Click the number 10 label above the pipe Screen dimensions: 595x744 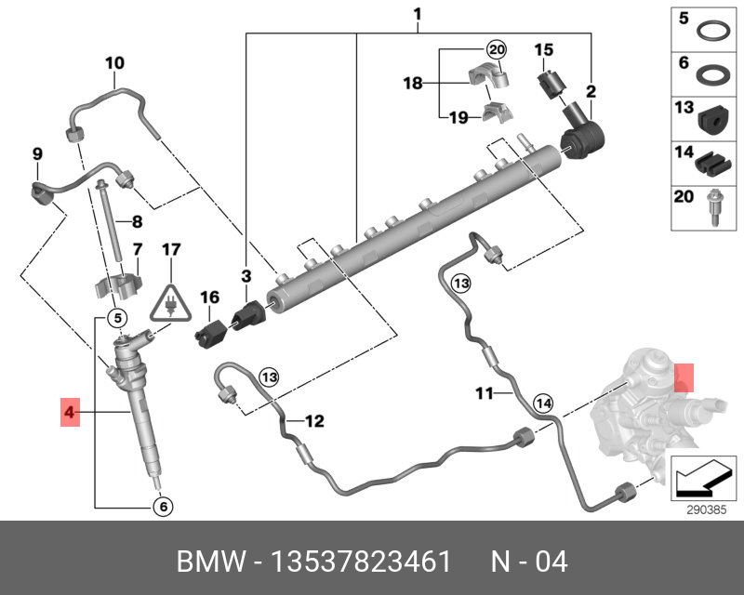click(x=113, y=63)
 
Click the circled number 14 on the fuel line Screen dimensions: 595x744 click(x=543, y=403)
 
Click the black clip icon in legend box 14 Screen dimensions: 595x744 click(x=711, y=163)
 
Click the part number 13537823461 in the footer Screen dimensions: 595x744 click(x=360, y=562)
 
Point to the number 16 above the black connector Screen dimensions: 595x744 click(x=210, y=297)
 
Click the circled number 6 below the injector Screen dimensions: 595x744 click(x=162, y=507)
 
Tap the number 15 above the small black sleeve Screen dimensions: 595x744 click(x=543, y=49)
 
